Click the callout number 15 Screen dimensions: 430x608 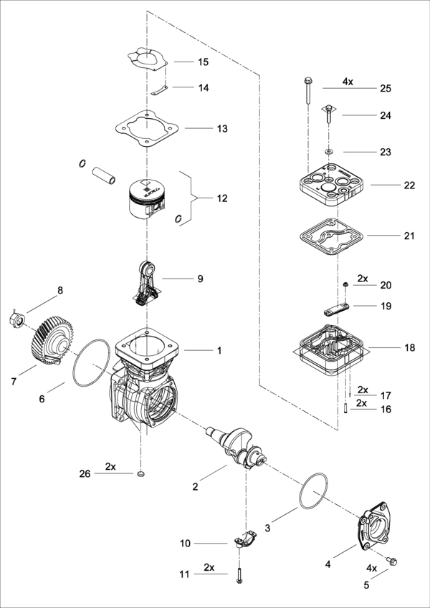[x=204, y=62]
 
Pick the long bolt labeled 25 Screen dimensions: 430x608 [x=307, y=91]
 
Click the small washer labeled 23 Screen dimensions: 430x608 [x=329, y=150]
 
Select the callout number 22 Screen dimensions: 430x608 [x=409, y=185]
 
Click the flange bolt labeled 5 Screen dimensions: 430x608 [x=392, y=561]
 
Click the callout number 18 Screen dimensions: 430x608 [x=409, y=348]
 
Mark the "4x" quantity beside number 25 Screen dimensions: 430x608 [x=348, y=82]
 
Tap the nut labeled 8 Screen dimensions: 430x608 [x=17, y=319]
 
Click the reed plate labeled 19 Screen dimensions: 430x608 [x=335, y=309]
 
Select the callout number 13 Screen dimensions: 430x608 [x=222, y=128]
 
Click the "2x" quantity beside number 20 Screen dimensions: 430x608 [x=363, y=279]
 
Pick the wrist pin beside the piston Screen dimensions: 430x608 [x=104, y=175]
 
